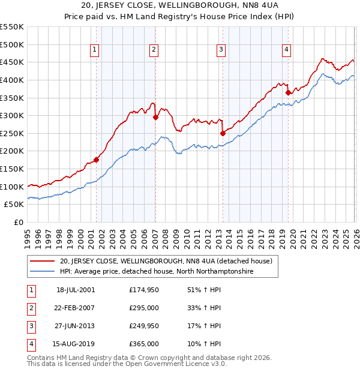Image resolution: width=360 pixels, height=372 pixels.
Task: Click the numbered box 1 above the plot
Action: tap(95, 50)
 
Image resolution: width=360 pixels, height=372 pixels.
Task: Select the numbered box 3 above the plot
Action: tap(221, 50)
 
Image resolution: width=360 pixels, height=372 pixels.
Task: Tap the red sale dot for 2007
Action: tap(155, 118)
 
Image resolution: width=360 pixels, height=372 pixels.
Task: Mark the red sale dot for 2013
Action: tap(223, 133)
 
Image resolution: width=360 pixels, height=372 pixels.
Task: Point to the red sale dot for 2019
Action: tap(288, 92)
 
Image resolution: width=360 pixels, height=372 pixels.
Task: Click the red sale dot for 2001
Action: tap(96, 160)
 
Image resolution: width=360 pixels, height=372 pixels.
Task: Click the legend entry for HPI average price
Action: tap(156, 271)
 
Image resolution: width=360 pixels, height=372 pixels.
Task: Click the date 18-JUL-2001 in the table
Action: tap(76, 289)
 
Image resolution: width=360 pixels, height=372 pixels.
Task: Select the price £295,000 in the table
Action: tap(144, 307)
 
